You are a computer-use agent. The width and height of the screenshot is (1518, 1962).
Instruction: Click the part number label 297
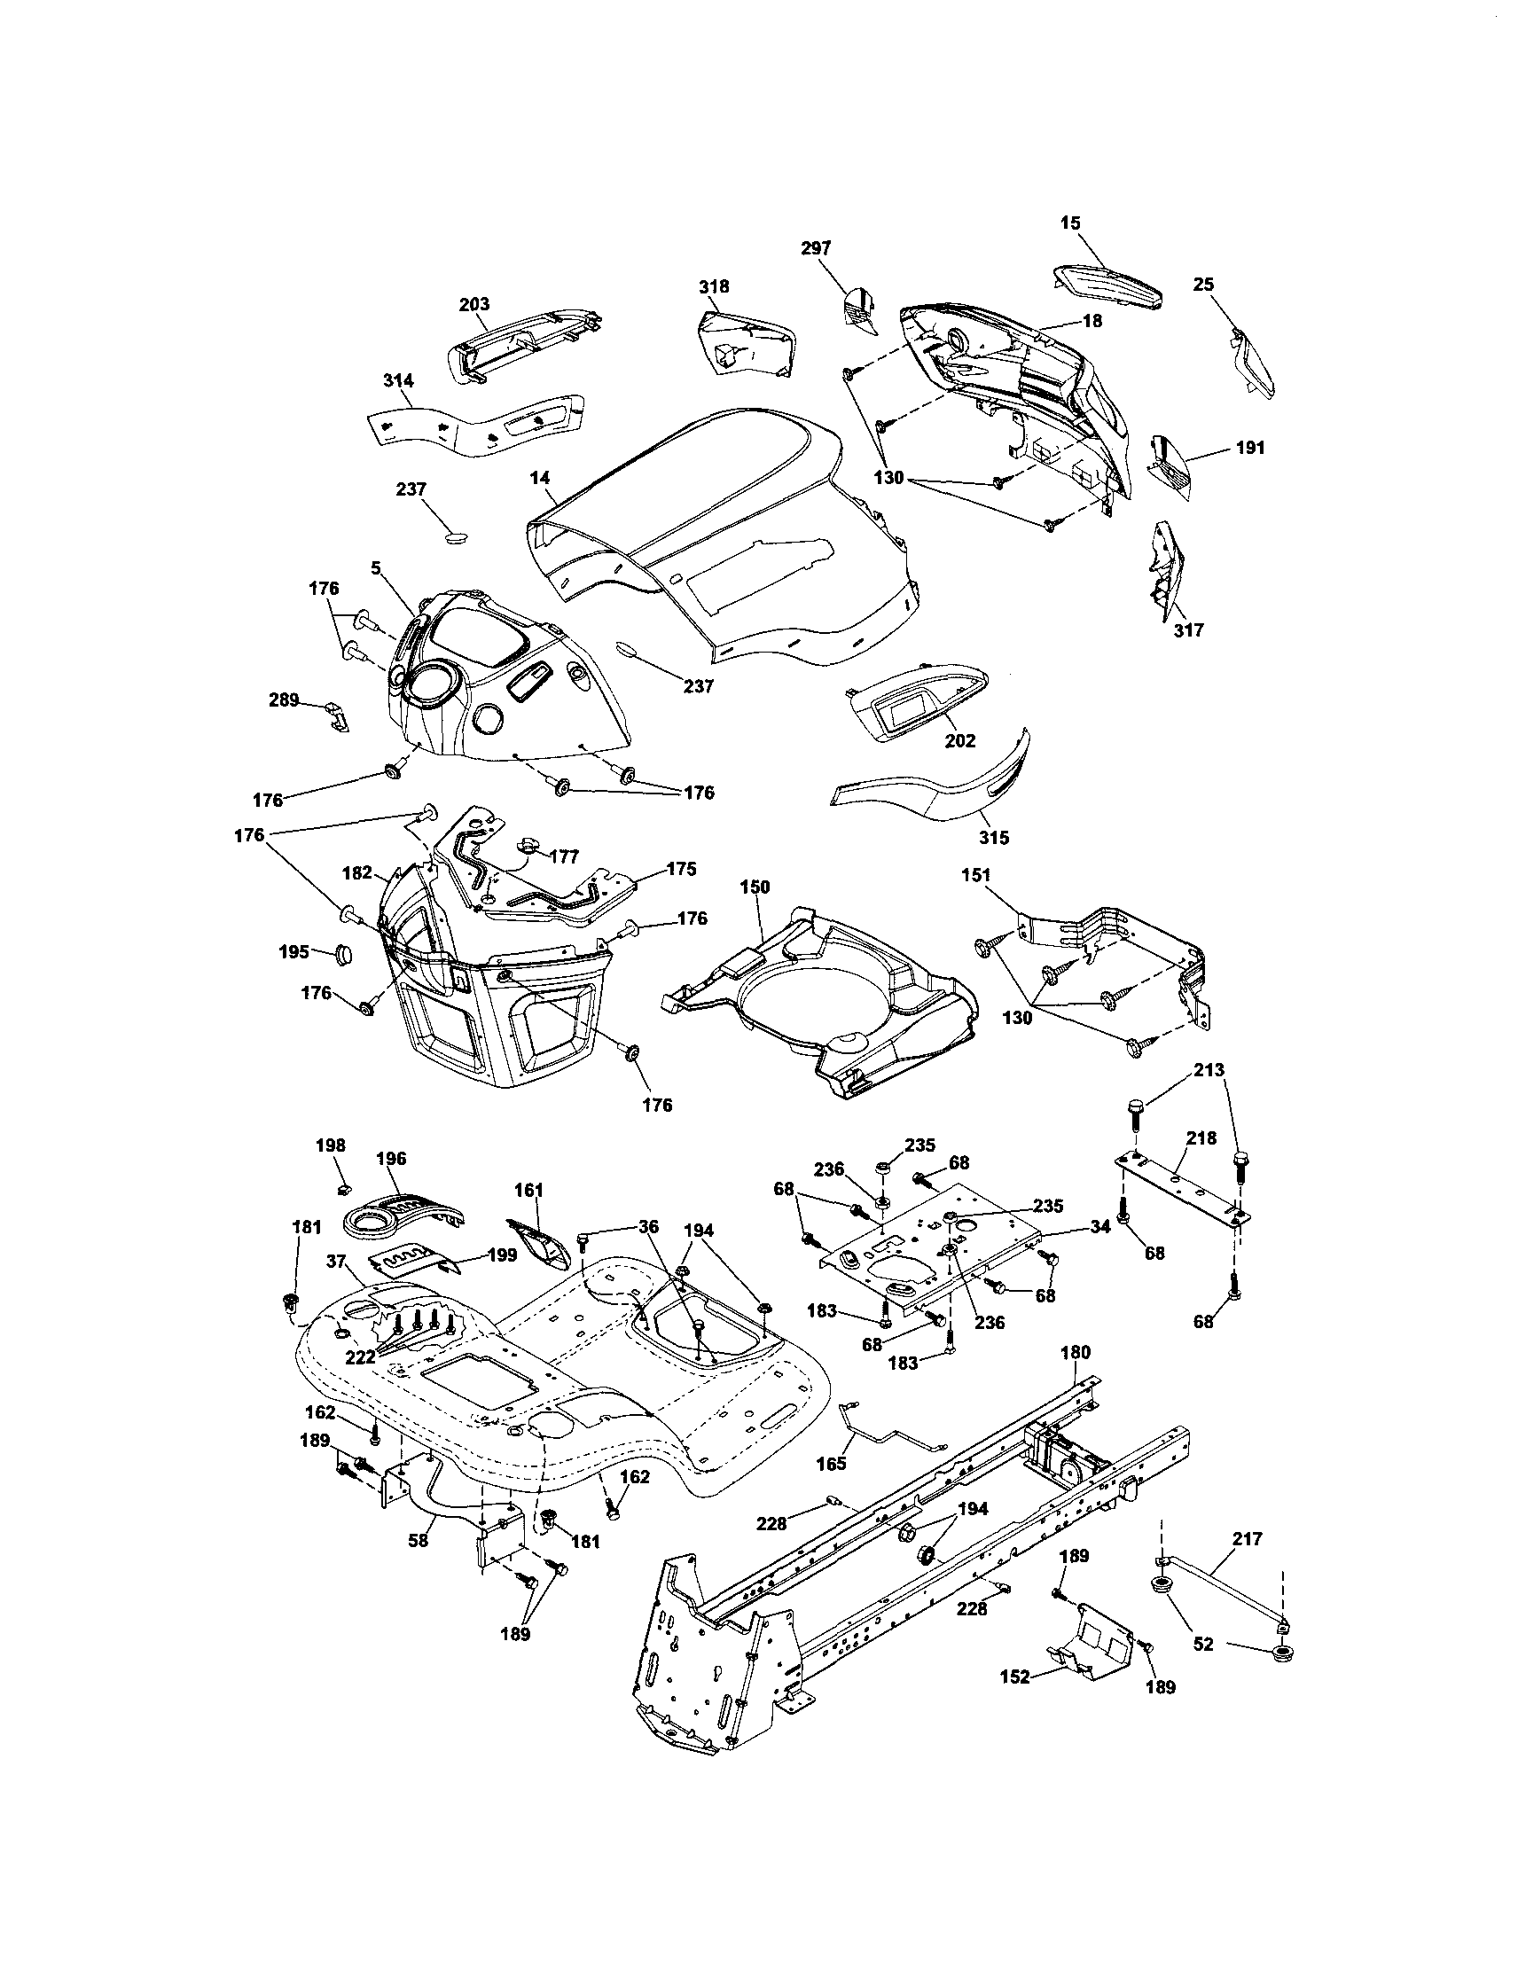(816, 248)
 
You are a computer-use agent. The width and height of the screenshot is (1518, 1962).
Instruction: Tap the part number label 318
(714, 286)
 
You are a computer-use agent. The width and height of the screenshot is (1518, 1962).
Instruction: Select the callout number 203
(473, 306)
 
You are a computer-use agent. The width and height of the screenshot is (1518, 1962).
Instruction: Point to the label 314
(398, 381)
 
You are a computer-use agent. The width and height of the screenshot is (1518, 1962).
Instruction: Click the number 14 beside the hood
(539, 479)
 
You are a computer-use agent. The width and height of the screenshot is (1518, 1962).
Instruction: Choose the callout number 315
(993, 837)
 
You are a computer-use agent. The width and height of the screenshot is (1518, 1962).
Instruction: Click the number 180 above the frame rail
(1076, 1352)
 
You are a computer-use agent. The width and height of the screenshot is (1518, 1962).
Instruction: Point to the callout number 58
(418, 1540)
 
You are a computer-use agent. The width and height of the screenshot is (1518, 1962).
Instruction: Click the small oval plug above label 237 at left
(458, 537)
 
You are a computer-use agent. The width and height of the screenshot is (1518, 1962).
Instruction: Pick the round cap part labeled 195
(346, 953)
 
